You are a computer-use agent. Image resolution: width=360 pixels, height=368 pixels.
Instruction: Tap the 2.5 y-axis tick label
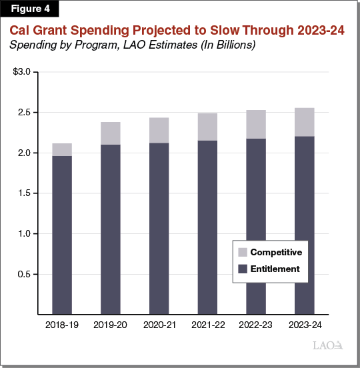[23, 113]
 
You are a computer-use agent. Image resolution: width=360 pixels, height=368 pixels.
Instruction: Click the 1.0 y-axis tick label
[23, 234]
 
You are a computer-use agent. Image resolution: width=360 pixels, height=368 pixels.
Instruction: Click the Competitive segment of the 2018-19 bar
[62, 149]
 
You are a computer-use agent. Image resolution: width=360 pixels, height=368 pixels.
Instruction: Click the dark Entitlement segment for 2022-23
[256, 227]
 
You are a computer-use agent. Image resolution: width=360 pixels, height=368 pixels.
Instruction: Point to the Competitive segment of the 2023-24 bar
[305, 122]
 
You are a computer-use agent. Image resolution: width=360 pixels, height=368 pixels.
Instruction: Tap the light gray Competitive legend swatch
[242, 253]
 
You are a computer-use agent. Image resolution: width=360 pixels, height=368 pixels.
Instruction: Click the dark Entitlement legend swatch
[242, 269]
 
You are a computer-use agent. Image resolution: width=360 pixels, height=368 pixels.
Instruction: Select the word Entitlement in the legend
[276, 269]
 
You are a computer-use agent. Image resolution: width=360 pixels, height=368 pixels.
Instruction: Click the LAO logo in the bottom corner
[327, 345]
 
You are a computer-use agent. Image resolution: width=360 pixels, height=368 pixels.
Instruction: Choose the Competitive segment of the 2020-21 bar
[159, 130]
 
